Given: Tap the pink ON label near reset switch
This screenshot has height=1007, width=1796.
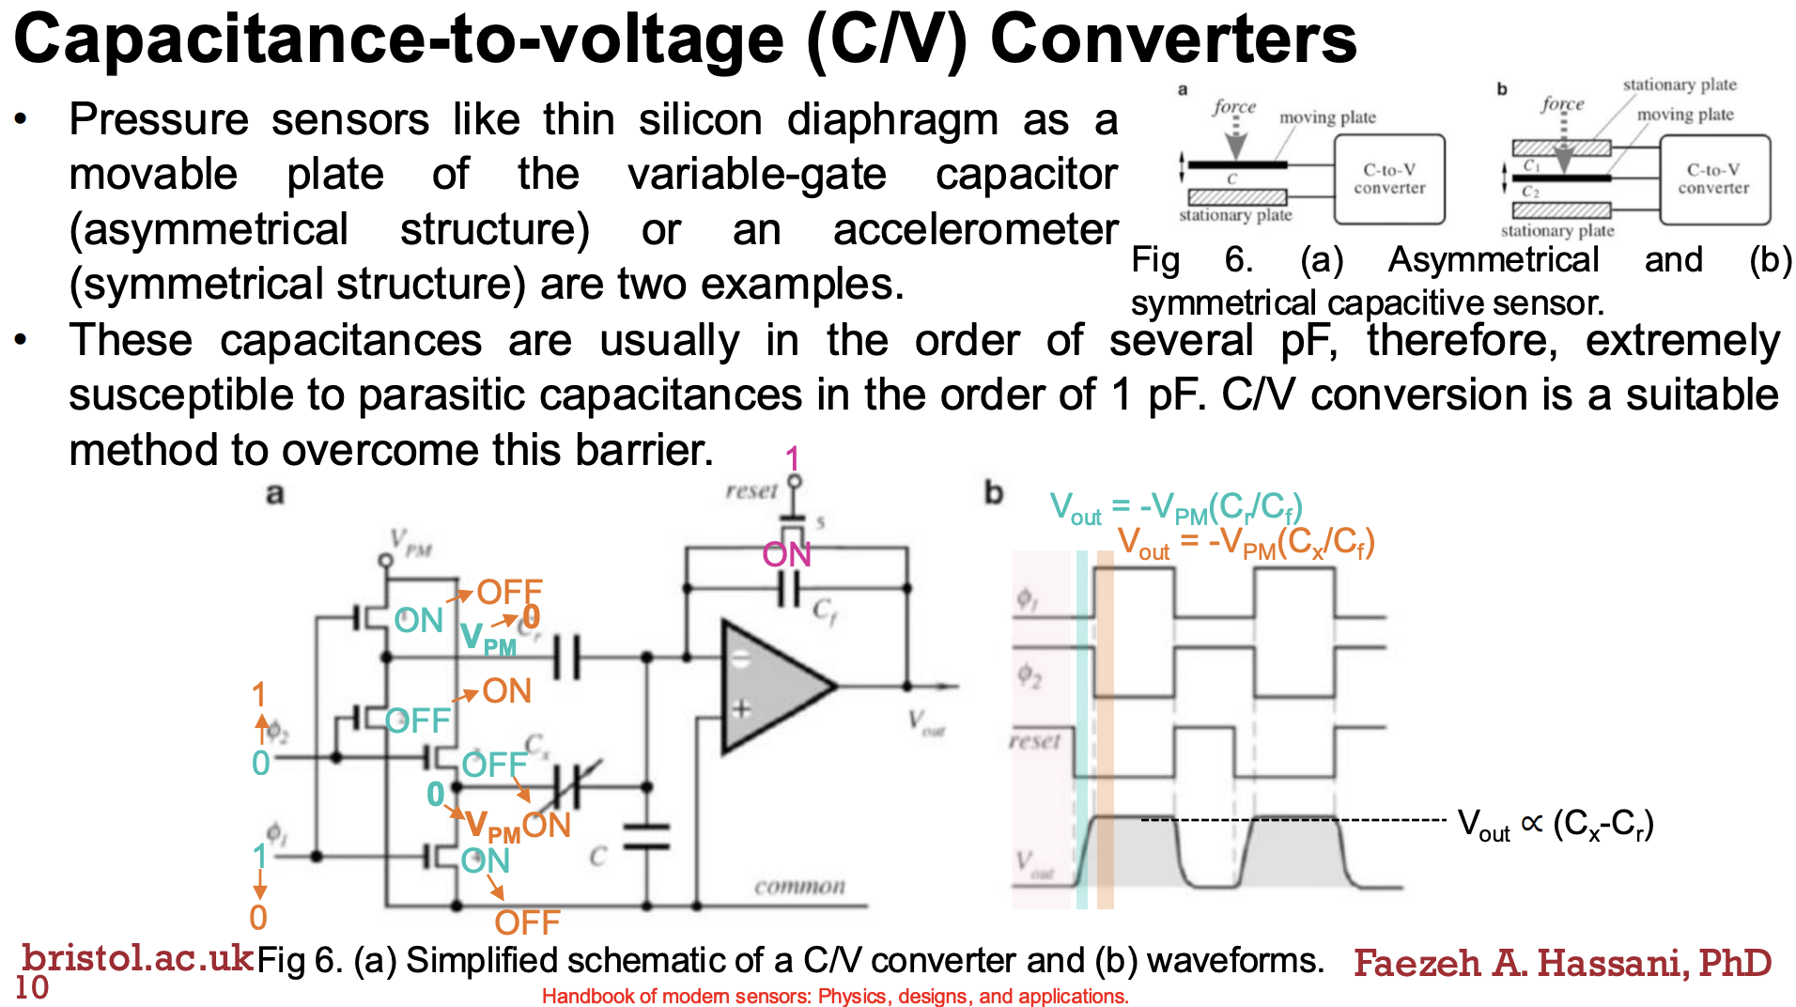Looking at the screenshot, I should point(786,555).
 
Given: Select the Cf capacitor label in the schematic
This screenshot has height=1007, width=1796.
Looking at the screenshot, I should point(824,612).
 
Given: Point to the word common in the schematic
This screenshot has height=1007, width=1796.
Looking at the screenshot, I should point(799,886).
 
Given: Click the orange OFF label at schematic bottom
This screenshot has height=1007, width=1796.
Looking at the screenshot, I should point(527,922).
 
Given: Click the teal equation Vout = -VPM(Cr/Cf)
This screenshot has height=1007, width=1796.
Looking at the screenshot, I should point(1175,508).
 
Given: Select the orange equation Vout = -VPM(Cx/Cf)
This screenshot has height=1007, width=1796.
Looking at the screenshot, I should point(1246,543).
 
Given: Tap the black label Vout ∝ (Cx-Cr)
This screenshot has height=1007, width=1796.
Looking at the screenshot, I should point(1555,825).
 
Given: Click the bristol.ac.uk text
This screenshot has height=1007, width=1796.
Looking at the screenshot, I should point(137,957).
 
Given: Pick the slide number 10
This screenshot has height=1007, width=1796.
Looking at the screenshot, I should point(32,987).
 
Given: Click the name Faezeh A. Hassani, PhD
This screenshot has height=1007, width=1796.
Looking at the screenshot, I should point(1562,963).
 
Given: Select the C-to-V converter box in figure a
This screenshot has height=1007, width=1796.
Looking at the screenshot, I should point(1389,178).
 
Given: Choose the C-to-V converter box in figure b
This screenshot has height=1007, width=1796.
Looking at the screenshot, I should point(1713,178).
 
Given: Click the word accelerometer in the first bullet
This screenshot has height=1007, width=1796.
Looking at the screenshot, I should point(975,229).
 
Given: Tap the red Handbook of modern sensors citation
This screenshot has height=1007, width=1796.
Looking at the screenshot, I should point(835,996).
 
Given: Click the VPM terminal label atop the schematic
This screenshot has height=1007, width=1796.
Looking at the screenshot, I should point(411,543).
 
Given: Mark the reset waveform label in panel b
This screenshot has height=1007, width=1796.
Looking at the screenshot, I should point(1034,741).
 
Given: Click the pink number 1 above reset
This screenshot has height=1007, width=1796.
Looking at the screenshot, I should point(793,458).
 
